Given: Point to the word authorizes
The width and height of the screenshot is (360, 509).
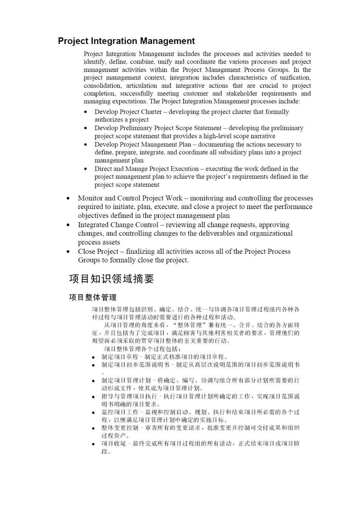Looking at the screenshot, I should point(109,120).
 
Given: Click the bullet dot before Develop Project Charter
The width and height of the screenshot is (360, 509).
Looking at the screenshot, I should point(86,112).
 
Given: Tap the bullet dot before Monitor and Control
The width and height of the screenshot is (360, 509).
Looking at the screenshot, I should point(68,198).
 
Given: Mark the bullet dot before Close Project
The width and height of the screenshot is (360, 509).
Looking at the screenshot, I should point(68,252).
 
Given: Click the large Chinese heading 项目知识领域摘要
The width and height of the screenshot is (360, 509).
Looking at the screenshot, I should point(111,279).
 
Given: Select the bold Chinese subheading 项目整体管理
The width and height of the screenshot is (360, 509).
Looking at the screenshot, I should point(92,297).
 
